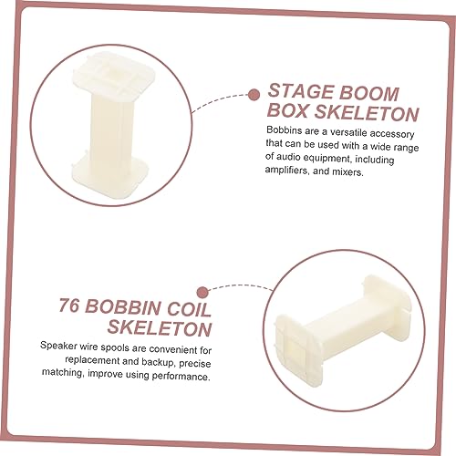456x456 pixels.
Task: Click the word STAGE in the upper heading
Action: click(x=300, y=91)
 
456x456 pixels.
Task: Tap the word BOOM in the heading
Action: click(x=368, y=93)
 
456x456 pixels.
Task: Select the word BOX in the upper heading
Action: click(x=288, y=110)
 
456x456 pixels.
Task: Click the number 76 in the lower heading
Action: click(x=69, y=306)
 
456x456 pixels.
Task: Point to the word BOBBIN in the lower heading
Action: click(x=123, y=307)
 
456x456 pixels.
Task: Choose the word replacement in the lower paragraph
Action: click(x=92, y=360)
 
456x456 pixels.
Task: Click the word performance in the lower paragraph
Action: click(x=181, y=376)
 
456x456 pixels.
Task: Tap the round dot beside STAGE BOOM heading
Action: click(x=254, y=95)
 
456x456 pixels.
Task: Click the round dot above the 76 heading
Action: click(x=202, y=293)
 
